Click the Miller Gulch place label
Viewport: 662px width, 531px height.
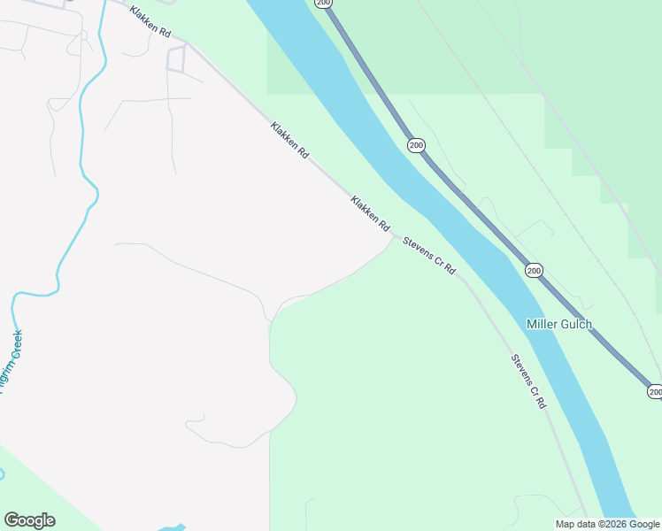[558, 324]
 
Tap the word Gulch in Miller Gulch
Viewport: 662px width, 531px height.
[575, 324]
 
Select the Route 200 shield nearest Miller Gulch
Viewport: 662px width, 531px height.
[534, 270]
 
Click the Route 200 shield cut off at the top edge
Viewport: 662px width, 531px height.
[323, 4]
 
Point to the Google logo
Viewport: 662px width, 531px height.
[29, 520]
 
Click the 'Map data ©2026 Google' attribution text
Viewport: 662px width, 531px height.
[608, 524]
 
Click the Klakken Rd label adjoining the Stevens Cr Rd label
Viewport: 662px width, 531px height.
[370, 214]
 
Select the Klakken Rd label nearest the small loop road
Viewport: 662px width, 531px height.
[150, 21]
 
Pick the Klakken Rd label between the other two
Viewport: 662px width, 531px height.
[290, 141]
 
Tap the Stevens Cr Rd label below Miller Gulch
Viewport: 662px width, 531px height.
[528, 381]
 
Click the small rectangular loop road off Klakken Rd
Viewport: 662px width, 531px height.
[176, 58]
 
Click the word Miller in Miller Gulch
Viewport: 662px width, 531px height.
[543, 324]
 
